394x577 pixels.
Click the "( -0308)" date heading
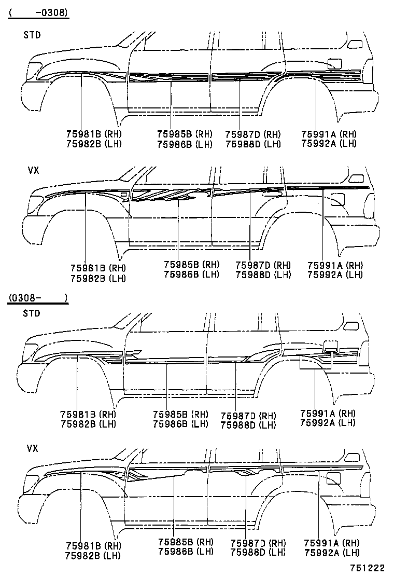click(x=38, y=13)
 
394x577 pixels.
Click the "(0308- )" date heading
click(x=38, y=297)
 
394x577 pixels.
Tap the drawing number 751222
click(x=367, y=568)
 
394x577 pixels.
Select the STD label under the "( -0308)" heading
click(x=32, y=35)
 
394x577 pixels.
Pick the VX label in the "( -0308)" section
click(x=33, y=170)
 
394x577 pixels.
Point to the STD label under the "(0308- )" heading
click(x=32, y=313)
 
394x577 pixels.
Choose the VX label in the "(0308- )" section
click(x=32, y=448)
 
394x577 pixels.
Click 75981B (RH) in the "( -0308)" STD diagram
click(x=94, y=134)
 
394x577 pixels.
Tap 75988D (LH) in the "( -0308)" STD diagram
click(x=253, y=144)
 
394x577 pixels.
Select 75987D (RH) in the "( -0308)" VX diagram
click(x=263, y=265)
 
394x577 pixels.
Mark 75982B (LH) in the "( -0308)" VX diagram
click(x=98, y=279)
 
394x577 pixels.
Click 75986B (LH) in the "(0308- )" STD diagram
click(x=180, y=424)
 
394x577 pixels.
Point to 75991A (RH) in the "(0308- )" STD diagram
click(x=328, y=413)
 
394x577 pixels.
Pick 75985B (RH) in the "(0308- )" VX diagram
click(x=186, y=542)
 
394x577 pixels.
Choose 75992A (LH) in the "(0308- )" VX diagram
click(x=332, y=552)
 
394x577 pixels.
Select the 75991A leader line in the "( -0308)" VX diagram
click(x=322, y=225)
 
